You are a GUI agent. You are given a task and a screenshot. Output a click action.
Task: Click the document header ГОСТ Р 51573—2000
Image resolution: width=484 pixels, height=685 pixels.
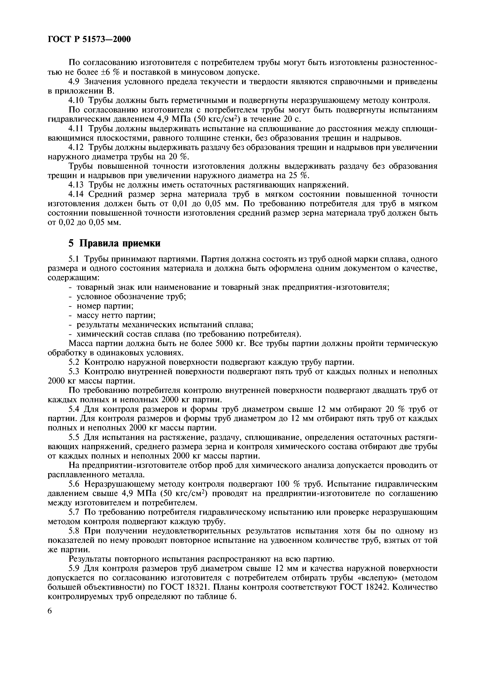coord(89,39)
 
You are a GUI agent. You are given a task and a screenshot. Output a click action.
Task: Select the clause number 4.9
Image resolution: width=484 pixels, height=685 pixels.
coord(75,81)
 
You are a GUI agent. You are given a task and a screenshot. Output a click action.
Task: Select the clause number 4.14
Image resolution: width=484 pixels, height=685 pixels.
coord(77,194)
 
